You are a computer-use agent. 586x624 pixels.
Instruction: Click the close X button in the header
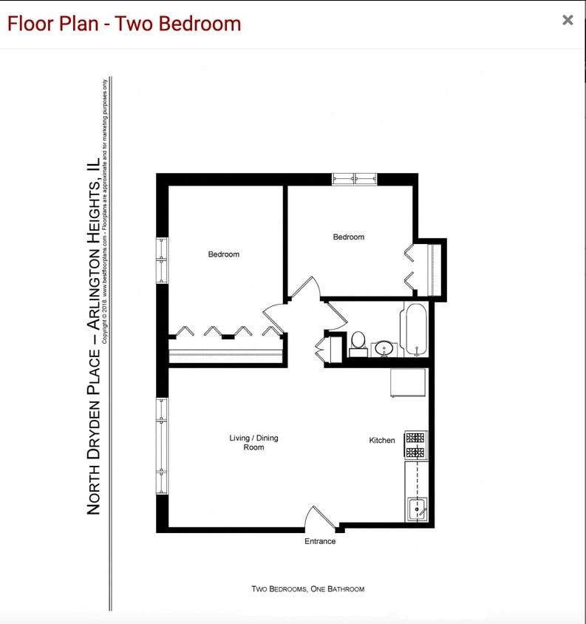(x=568, y=20)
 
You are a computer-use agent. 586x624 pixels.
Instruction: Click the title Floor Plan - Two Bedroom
(x=124, y=24)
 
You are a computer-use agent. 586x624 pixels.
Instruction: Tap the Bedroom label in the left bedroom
(x=223, y=254)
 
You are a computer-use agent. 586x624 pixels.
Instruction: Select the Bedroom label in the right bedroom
(x=348, y=237)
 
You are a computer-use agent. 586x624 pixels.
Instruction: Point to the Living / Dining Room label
(x=253, y=443)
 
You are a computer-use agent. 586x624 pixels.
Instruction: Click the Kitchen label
(x=382, y=441)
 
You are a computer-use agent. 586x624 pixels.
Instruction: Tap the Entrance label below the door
(x=320, y=541)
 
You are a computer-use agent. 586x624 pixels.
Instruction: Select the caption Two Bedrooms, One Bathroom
(x=307, y=589)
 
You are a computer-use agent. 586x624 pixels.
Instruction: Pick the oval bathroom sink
(x=384, y=347)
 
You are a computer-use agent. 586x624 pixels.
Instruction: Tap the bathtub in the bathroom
(x=414, y=329)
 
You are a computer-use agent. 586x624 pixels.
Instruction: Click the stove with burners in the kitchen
(x=415, y=444)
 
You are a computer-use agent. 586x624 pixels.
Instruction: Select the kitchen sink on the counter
(x=417, y=509)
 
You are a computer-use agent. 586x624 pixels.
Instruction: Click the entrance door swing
(x=319, y=517)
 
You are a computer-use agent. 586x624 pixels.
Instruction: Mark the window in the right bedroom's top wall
(x=354, y=178)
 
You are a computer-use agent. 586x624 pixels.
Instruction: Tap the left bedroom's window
(x=162, y=260)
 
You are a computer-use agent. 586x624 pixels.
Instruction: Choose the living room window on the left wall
(x=162, y=446)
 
